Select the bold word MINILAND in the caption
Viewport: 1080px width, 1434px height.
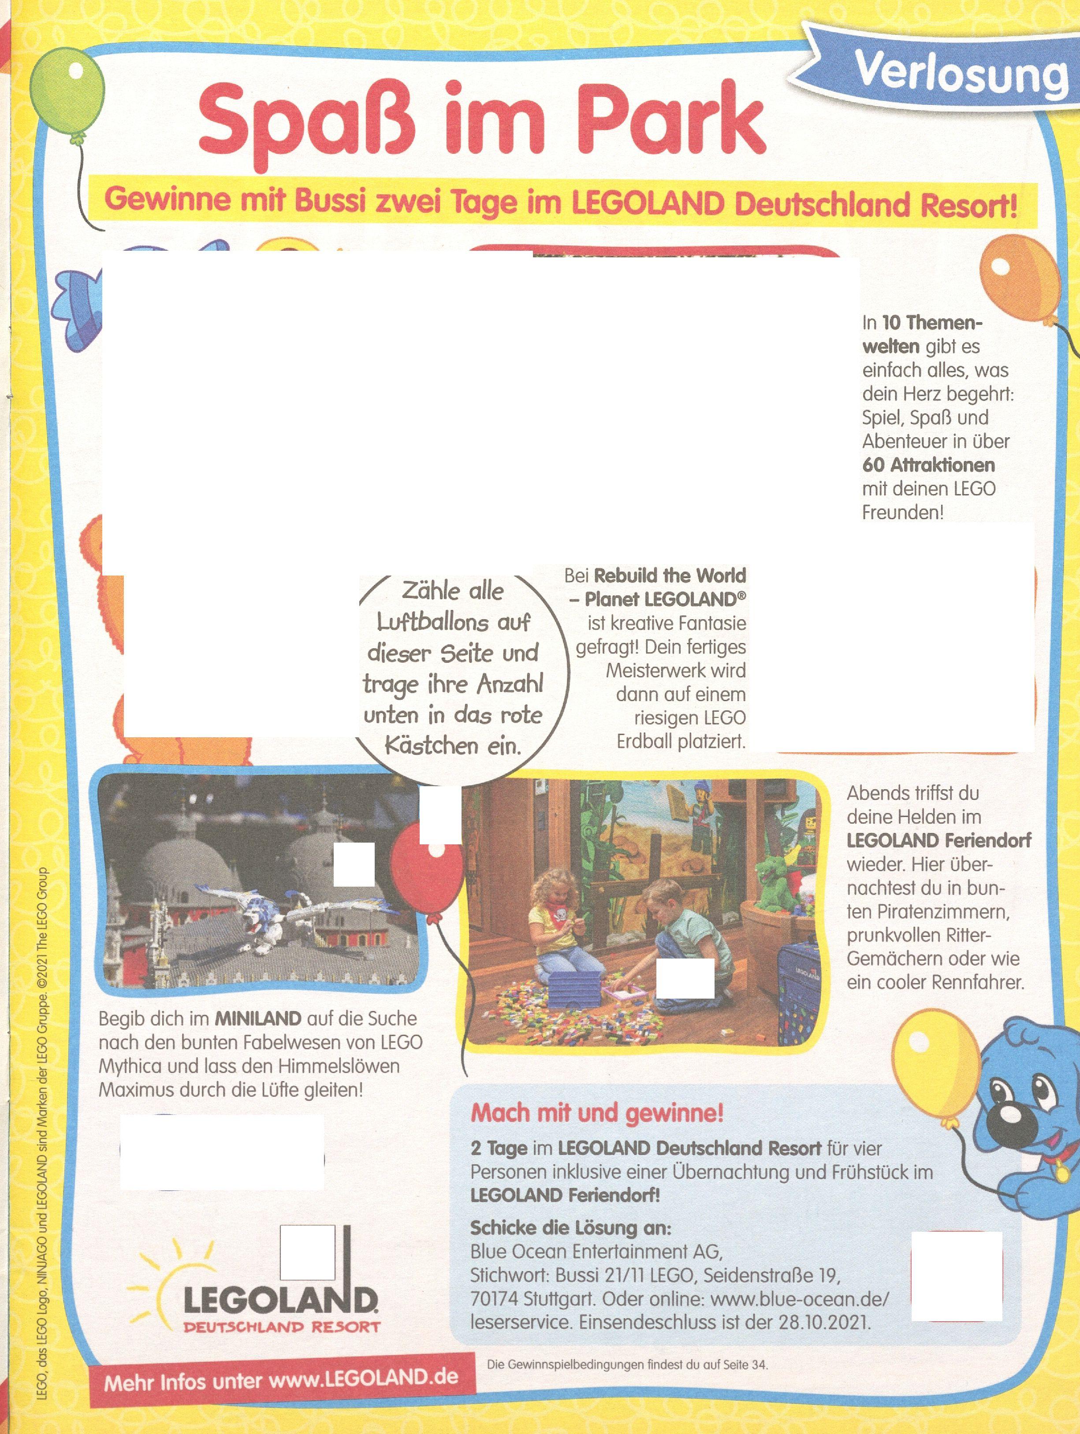257,1018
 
